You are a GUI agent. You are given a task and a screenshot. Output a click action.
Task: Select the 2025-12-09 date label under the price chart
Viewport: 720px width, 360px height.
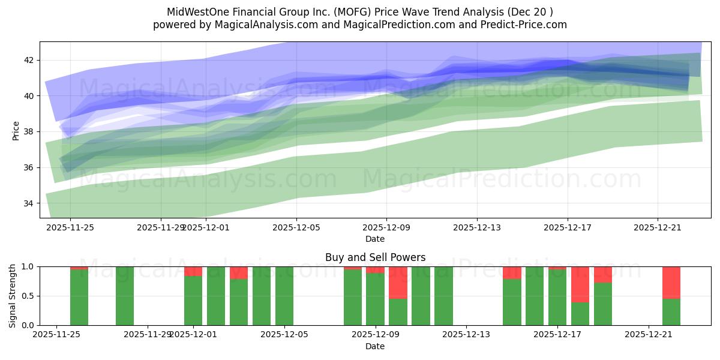386,227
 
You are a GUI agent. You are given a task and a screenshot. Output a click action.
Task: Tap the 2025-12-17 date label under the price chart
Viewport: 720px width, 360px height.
568,227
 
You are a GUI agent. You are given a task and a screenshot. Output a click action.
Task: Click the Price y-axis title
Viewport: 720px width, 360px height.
16,130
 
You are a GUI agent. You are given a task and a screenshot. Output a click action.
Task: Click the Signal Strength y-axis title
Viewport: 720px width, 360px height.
13,296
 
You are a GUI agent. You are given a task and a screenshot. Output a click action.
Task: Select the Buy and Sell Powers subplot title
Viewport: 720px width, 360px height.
375,257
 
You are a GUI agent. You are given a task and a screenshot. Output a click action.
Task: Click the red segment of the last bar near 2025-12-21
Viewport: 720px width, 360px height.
671,282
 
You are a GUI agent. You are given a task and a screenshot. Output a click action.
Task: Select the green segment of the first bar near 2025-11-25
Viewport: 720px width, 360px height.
79,297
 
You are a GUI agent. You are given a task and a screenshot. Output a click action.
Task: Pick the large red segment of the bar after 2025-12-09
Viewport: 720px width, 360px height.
398,282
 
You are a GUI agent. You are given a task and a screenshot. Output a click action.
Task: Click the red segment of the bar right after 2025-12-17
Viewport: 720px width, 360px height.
580,284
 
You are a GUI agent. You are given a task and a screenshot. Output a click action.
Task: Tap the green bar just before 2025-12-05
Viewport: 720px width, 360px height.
262,296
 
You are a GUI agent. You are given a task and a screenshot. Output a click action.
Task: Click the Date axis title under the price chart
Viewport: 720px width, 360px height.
375,239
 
